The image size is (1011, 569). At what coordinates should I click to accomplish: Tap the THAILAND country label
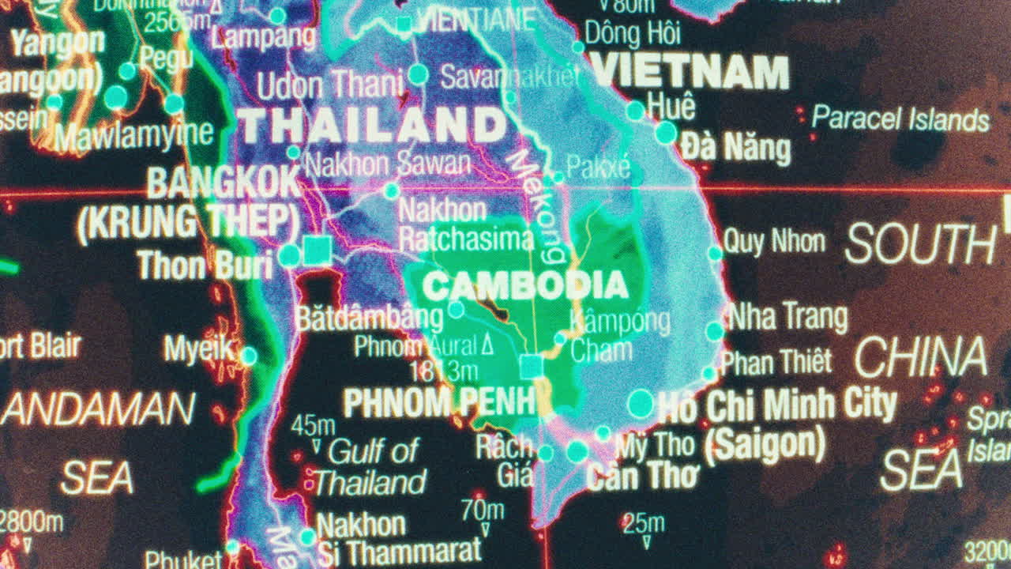pyautogui.click(x=372, y=125)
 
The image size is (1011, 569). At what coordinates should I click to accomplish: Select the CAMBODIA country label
pyautogui.click(x=524, y=286)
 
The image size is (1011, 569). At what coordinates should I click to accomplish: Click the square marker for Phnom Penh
pyautogui.click(x=531, y=366)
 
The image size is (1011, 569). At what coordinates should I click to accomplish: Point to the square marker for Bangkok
pyautogui.click(x=318, y=250)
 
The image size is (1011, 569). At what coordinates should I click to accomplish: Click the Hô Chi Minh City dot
pyautogui.click(x=640, y=404)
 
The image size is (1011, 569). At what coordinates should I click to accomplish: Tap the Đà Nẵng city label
pyautogui.click(x=735, y=148)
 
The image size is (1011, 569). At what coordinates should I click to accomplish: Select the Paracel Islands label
pyautogui.click(x=900, y=119)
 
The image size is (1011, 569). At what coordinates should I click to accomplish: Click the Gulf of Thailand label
pyautogui.click(x=371, y=466)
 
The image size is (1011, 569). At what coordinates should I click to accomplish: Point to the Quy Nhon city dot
pyautogui.click(x=715, y=253)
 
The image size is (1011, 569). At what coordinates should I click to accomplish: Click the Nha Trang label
pyautogui.click(x=787, y=317)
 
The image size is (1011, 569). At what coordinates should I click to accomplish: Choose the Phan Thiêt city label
pyautogui.click(x=776, y=362)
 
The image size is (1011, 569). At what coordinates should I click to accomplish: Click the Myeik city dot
pyautogui.click(x=249, y=356)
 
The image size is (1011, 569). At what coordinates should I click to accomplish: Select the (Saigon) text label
pyautogui.click(x=764, y=445)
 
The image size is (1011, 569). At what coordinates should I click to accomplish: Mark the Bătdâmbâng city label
pyautogui.click(x=369, y=318)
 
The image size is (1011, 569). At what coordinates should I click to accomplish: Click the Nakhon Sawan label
pyautogui.click(x=387, y=164)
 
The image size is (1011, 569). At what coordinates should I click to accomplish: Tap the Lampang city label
pyautogui.click(x=263, y=36)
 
